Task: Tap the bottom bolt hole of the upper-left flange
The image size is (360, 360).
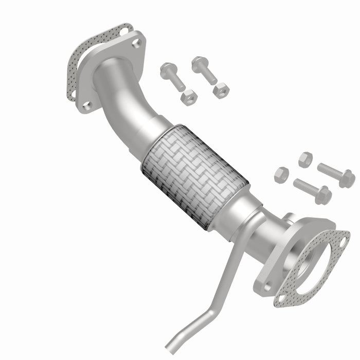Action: coord(87,105)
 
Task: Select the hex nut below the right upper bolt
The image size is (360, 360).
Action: coord(221,89)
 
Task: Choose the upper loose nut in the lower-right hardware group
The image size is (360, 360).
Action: coord(305,159)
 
